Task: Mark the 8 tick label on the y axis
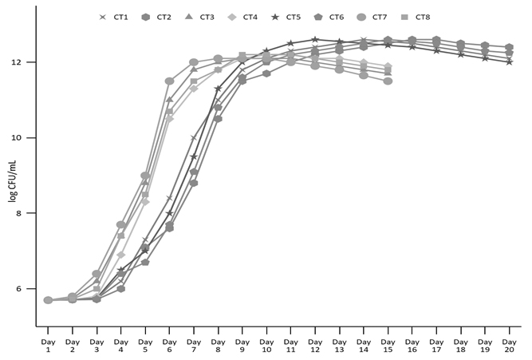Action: (29, 214)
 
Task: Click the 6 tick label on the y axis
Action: (29, 289)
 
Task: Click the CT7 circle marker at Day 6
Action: (169, 81)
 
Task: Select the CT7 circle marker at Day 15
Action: (388, 81)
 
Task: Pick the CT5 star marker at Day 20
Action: (509, 62)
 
